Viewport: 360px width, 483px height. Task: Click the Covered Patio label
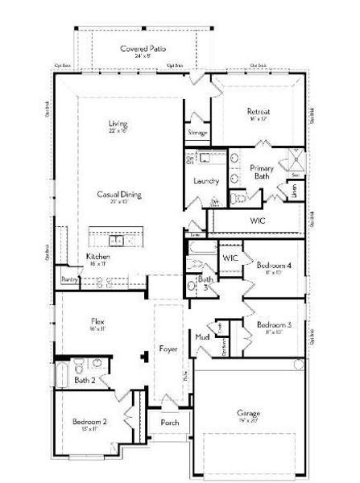coord(137,50)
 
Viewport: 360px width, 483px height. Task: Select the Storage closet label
coord(198,132)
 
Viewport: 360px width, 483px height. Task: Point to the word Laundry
coord(207,180)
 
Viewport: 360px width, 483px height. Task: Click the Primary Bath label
coord(262,171)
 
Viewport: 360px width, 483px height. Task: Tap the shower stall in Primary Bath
coord(295,159)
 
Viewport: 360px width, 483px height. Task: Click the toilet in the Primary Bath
coord(239,197)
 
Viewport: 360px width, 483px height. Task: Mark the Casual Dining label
coord(119,194)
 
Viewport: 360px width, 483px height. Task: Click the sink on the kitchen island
coord(118,239)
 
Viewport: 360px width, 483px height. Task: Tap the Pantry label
coord(68,279)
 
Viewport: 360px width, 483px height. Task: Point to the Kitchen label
coord(98,257)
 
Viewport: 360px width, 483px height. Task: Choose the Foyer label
coord(168,349)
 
